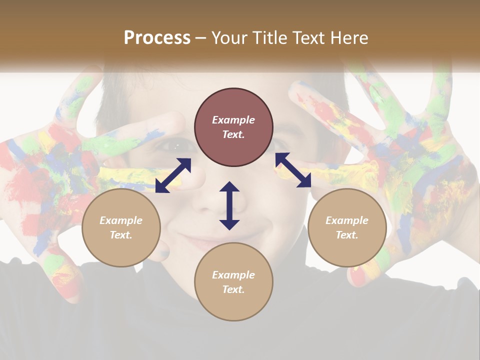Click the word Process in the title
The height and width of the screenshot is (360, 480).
(157, 38)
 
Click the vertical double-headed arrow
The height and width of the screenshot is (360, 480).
(229, 205)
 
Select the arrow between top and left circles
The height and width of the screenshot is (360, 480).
(173, 175)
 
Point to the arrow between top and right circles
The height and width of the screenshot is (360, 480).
(293, 170)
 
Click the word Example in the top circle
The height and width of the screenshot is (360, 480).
(233, 120)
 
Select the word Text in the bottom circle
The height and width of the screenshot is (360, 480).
(233, 289)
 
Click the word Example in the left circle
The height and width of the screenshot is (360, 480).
(121, 220)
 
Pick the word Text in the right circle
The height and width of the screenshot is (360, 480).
(347, 235)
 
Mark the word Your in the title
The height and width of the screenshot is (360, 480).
(230, 38)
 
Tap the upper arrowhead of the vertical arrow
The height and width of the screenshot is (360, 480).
(229, 186)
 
